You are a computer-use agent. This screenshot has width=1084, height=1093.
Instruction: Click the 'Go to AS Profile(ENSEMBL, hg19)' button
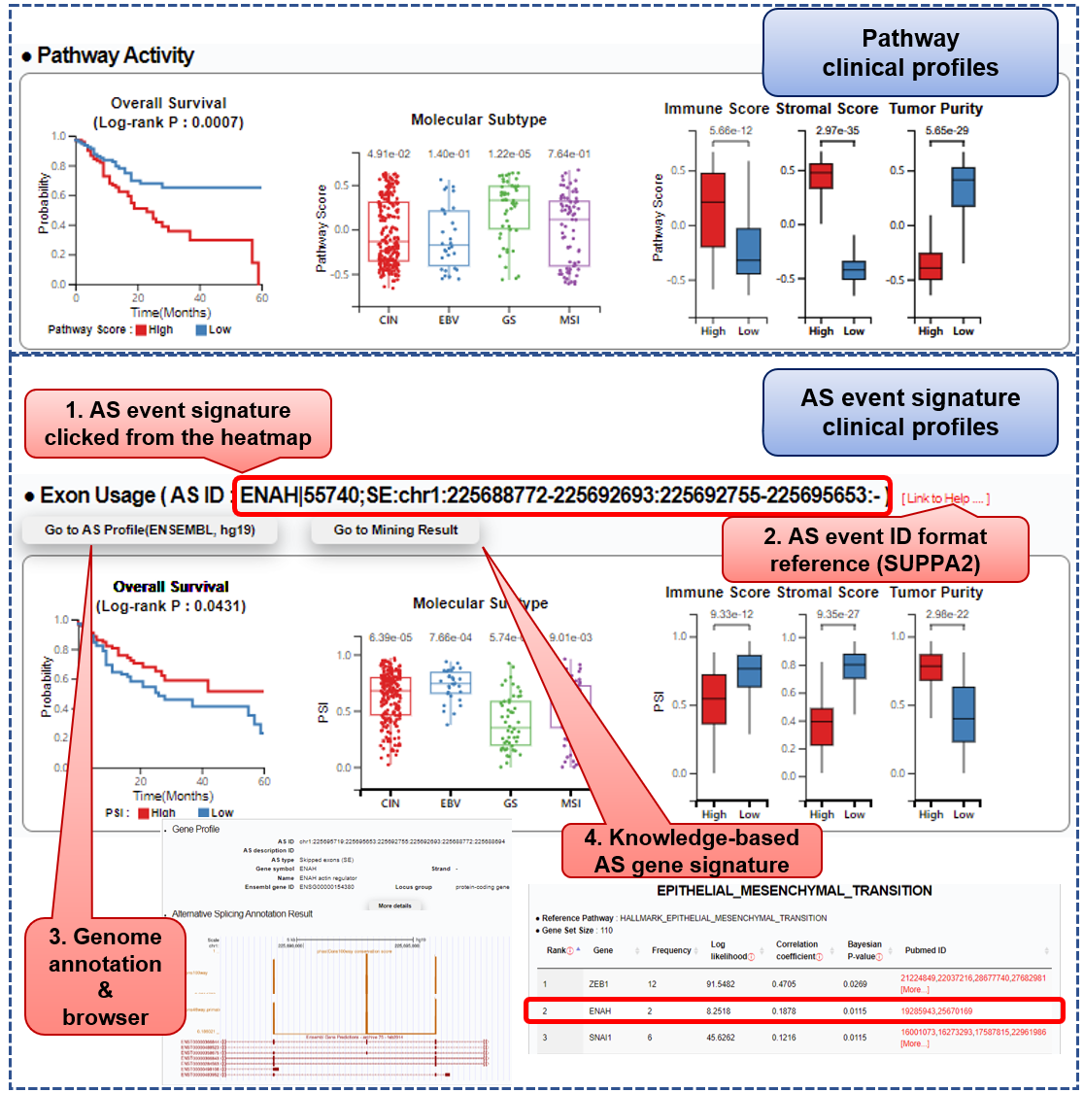tap(150, 530)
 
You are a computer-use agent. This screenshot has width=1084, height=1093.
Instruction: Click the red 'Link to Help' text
tap(945, 498)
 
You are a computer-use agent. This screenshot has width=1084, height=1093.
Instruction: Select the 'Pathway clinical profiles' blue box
tap(910, 53)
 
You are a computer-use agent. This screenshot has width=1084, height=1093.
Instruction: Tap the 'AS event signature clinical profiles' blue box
tap(910, 413)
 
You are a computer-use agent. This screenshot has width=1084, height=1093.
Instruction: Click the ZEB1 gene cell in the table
tap(598, 984)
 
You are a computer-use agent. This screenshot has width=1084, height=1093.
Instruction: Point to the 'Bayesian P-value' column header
tap(864, 950)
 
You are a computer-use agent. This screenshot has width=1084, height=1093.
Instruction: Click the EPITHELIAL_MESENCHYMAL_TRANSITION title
tap(795, 891)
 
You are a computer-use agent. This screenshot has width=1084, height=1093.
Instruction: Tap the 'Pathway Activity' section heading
tap(115, 56)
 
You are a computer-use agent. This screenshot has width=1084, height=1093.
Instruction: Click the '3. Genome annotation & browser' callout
tap(105, 976)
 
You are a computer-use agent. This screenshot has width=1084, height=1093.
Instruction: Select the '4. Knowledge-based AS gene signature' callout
tap(692, 851)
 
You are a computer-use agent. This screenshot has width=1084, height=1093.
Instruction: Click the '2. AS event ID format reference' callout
tap(874, 550)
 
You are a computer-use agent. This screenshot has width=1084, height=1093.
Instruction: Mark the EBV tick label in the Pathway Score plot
tap(449, 320)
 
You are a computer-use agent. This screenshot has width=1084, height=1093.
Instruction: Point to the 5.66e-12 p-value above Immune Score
tap(729, 131)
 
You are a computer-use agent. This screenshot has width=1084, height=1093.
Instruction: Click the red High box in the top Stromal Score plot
tap(821, 176)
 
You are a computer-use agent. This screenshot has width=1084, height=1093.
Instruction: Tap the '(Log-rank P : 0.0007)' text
tap(168, 122)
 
